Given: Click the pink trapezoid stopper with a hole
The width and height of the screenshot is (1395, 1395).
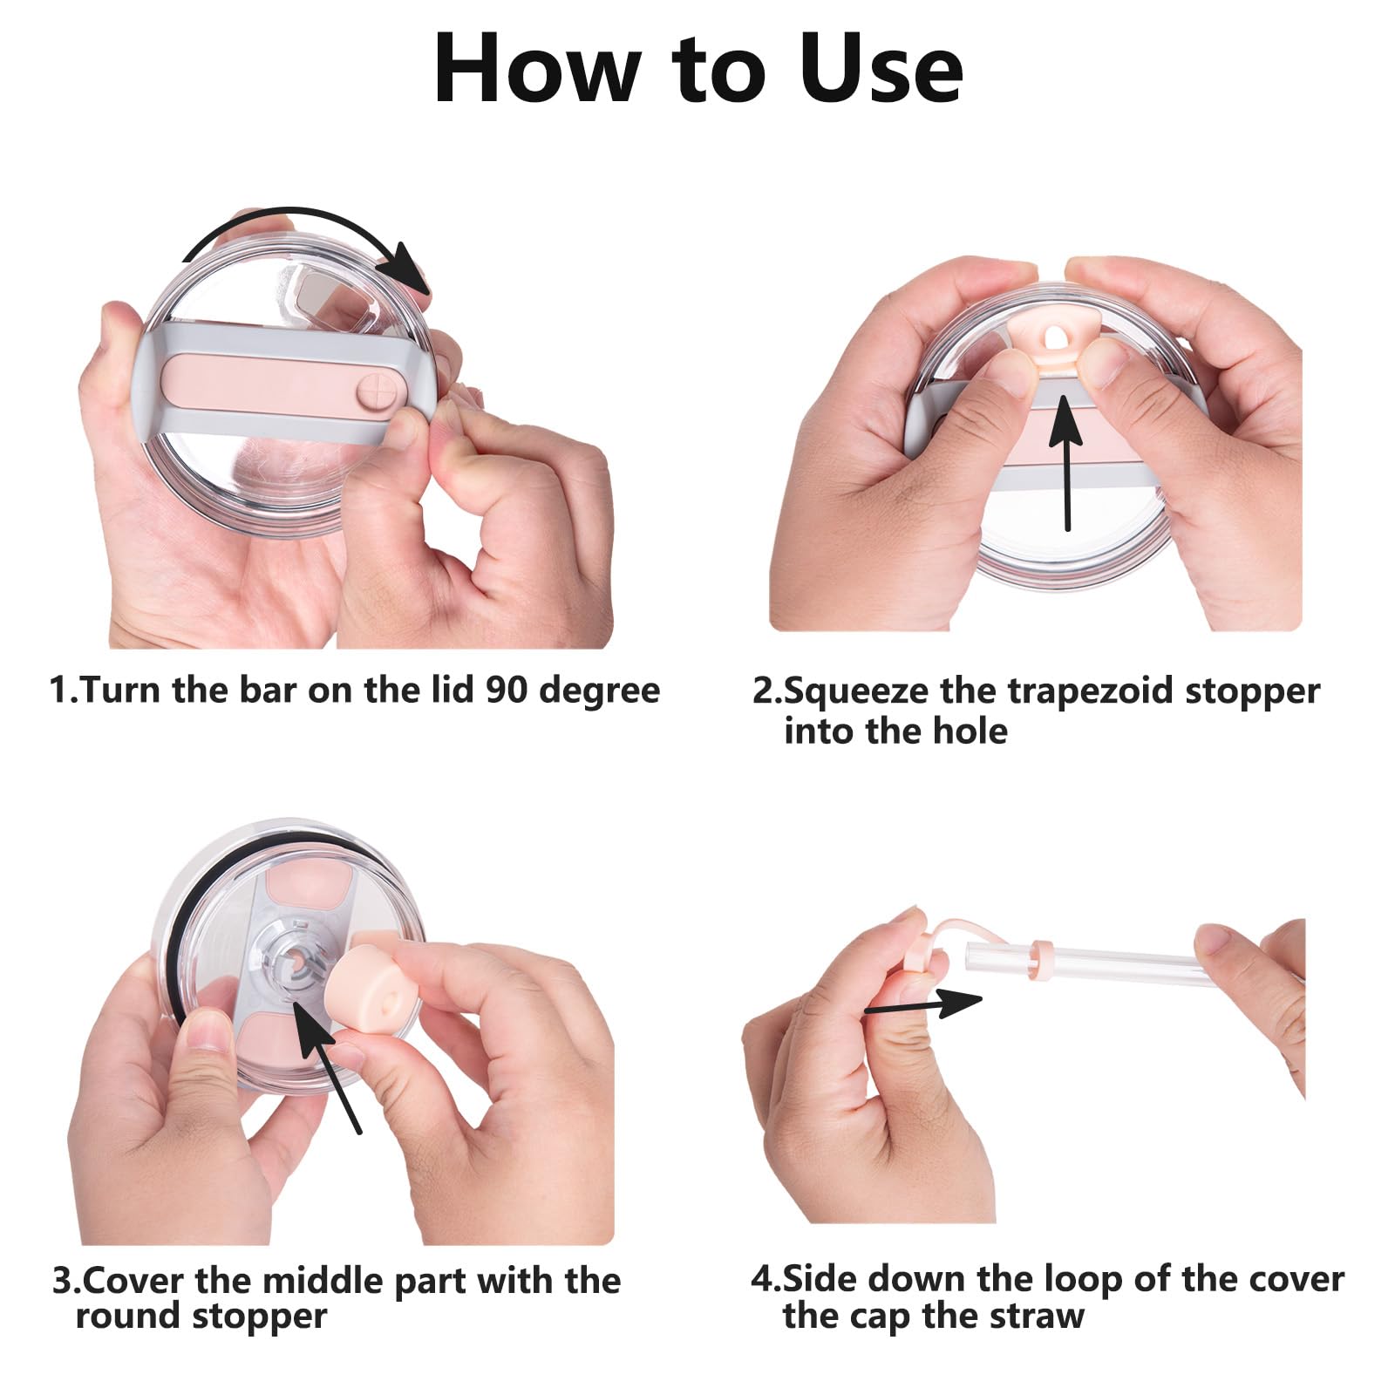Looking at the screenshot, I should [1051, 340].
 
